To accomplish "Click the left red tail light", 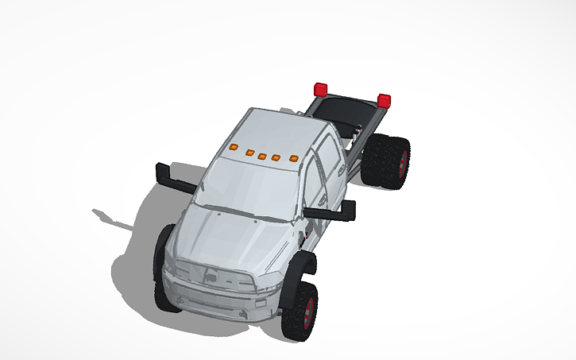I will coord(321,88).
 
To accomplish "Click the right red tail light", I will coord(385,100).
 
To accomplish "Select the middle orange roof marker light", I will coord(262,153).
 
